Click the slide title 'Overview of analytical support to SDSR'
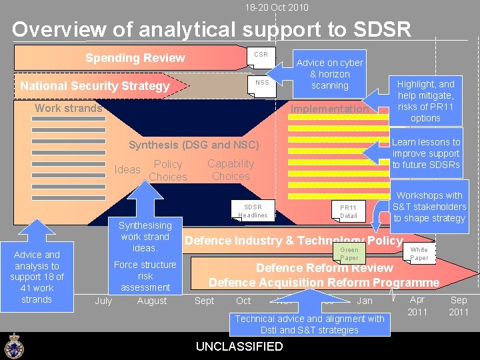(211, 29)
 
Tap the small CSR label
(261, 54)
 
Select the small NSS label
(262, 83)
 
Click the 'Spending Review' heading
(135, 58)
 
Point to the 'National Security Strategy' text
(95, 86)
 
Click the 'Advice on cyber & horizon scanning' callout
(329, 74)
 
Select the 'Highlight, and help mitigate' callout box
(425, 101)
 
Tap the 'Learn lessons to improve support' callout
(426, 153)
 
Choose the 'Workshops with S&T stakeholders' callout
(429, 207)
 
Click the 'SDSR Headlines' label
(253, 211)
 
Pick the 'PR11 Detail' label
(348, 211)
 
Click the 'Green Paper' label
(349, 253)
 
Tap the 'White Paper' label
(419, 253)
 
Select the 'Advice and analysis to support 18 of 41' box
(37, 277)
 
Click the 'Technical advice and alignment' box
(309, 324)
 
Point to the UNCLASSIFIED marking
(239, 346)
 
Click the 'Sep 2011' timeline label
(459, 306)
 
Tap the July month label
(103, 301)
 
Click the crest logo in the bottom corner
(13, 345)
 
